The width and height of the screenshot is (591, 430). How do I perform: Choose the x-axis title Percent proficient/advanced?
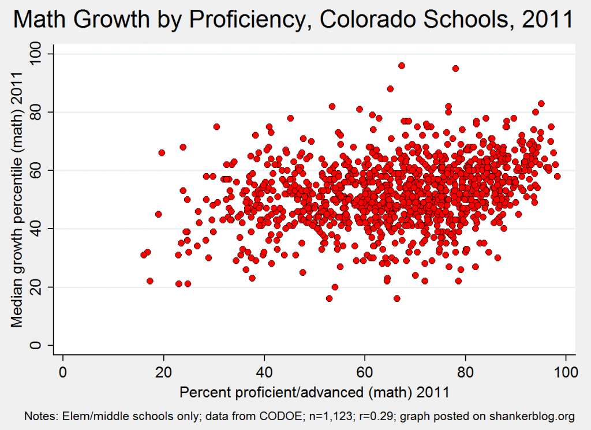pos(315,392)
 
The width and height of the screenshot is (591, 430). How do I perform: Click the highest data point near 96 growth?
pos(402,66)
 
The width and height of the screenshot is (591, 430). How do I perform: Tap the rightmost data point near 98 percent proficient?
pos(557,176)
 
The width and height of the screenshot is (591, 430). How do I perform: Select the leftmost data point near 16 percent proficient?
pos(144,255)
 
